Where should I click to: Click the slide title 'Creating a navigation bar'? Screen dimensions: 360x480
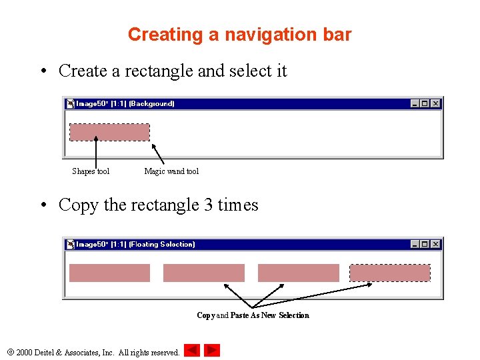239,35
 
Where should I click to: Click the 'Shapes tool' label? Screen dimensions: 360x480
91,171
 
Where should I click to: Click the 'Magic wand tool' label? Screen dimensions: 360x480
171,171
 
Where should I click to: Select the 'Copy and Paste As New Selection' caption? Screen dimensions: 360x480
253,315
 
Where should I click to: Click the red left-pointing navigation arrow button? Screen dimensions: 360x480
192,350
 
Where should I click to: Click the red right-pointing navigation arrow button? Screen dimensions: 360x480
212,350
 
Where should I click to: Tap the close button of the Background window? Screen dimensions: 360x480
435,103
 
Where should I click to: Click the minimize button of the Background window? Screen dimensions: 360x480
415,103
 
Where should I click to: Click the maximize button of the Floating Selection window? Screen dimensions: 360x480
425,244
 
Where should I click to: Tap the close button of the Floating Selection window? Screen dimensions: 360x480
435,244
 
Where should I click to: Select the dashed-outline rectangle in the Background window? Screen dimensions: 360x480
110,132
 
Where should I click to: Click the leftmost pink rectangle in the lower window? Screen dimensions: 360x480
110,273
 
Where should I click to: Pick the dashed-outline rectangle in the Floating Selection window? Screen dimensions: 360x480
390,273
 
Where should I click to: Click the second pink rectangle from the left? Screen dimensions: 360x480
204,273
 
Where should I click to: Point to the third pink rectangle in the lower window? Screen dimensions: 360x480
298,273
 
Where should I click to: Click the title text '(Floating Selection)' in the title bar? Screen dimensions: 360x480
162,245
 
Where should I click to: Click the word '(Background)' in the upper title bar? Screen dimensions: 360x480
152,104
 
